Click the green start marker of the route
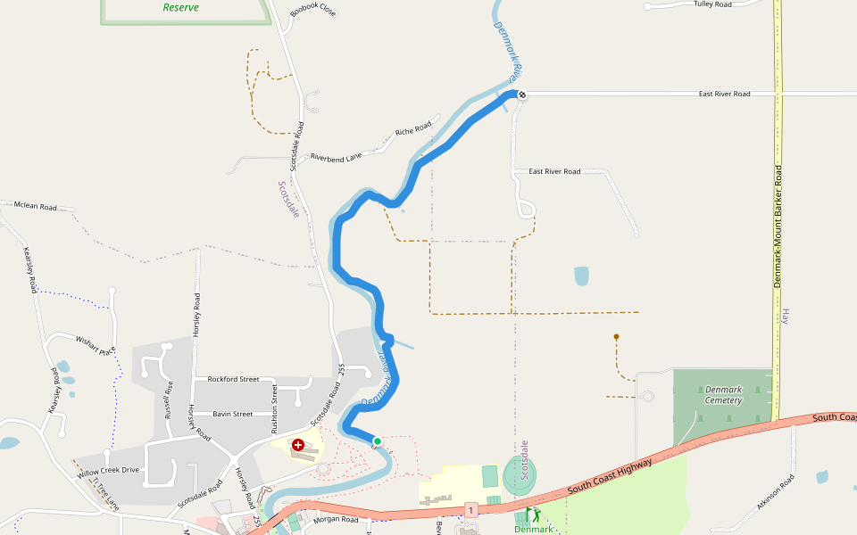click(378, 441)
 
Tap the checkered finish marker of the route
click(522, 95)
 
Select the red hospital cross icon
click(298, 444)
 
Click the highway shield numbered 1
click(470, 509)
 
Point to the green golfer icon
click(537, 514)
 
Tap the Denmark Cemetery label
click(723, 395)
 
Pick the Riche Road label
click(413, 130)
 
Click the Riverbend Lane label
click(337, 158)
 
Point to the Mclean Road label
click(36, 207)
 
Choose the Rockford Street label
click(233, 379)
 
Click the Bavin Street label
click(232, 414)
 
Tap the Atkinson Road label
click(775, 493)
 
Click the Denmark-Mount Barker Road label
click(778, 225)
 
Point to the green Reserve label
click(181, 7)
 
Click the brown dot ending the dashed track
click(616, 337)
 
